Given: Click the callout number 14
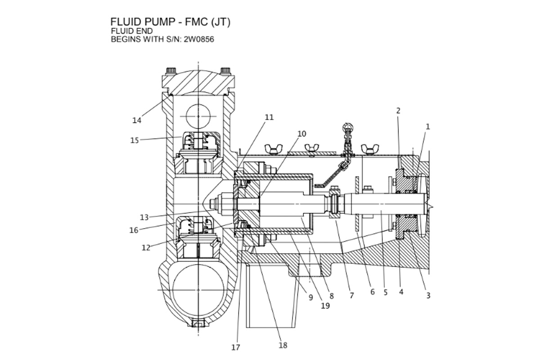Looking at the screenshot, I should pyautogui.click(x=137, y=120).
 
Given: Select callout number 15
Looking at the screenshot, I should pyautogui.click(x=135, y=140).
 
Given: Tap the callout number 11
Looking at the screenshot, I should pyautogui.click(x=269, y=117).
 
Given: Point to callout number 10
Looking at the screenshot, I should pyautogui.click(x=301, y=134).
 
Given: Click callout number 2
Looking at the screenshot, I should pyautogui.click(x=398, y=110).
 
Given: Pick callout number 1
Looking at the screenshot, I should pyautogui.click(x=427, y=127).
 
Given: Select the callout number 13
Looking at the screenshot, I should pyautogui.click(x=144, y=217).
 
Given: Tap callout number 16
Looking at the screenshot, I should pyautogui.click(x=134, y=230).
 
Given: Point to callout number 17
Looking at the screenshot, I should pyautogui.click(x=236, y=347).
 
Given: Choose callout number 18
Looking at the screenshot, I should pyautogui.click(x=283, y=345).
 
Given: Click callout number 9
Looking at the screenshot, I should pyautogui.click(x=310, y=297).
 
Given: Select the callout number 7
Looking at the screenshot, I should pyautogui.click(x=352, y=296).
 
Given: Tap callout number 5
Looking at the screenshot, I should pyautogui.click(x=386, y=292).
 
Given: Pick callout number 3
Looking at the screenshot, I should pyautogui.click(x=428, y=296).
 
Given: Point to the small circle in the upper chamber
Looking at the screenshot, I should pyautogui.click(x=198, y=116).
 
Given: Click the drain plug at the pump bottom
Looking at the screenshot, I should pyautogui.click(x=198, y=323).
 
